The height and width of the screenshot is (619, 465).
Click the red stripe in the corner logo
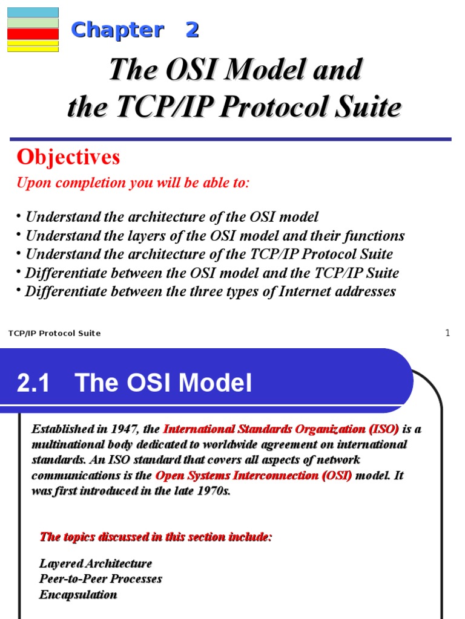click(33, 34)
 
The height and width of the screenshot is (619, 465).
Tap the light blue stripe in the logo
click(33, 13)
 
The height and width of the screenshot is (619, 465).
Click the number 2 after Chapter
click(192, 30)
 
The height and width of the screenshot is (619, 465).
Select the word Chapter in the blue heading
click(117, 30)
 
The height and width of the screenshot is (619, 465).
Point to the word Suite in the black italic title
click(368, 106)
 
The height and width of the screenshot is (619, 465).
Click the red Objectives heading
click(68, 157)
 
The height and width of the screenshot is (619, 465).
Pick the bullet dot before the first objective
click(19, 216)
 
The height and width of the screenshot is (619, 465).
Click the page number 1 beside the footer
click(447, 333)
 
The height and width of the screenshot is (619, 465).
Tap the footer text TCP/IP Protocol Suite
click(54, 333)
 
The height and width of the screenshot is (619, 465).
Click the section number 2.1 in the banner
click(33, 383)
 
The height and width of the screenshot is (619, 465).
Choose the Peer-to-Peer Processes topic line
click(101, 578)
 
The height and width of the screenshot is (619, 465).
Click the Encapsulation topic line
click(78, 595)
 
